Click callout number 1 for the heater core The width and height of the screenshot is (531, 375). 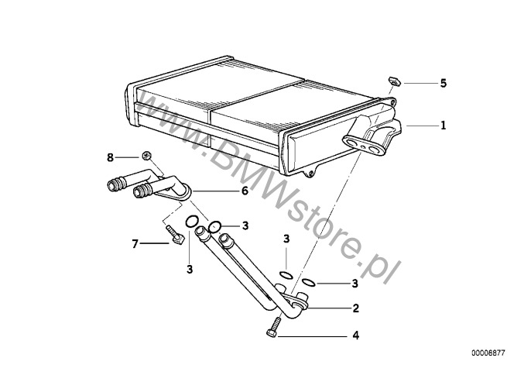(x=443, y=126)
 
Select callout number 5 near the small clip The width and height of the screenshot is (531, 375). (x=444, y=83)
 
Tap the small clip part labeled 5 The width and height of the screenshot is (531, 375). (x=394, y=81)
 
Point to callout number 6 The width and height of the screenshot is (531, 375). (x=245, y=191)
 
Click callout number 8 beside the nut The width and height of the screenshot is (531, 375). (x=111, y=157)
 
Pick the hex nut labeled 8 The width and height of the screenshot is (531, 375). (x=146, y=156)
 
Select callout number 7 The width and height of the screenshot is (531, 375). (x=135, y=243)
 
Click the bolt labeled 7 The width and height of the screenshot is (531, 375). (x=175, y=234)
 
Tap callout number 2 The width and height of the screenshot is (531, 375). (x=355, y=308)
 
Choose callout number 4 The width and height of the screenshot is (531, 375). (x=355, y=335)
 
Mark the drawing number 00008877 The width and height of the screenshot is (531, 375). (x=488, y=353)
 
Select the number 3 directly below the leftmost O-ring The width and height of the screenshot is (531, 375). (x=190, y=269)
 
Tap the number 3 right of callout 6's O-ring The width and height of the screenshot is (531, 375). (x=245, y=225)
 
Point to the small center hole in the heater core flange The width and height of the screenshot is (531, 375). (x=363, y=146)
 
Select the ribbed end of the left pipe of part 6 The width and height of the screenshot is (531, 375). (x=114, y=184)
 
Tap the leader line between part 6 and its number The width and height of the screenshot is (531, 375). (x=216, y=191)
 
